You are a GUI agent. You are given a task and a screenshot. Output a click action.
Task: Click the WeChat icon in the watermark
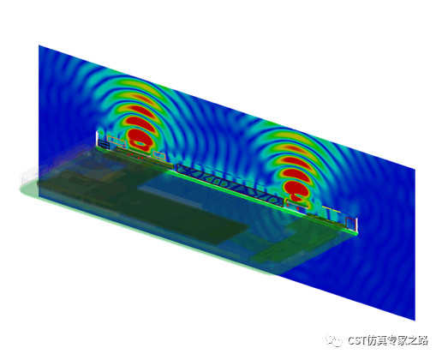pyautogui.click(x=336, y=339)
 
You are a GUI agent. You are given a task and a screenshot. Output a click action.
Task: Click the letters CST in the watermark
pyautogui.click(x=359, y=339)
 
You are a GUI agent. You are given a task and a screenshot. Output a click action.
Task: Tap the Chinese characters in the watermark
pyautogui.click(x=400, y=339)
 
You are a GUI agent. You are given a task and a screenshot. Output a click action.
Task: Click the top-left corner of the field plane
pyautogui.click(x=40, y=46)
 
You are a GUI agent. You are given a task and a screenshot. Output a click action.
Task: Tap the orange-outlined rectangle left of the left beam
pyautogui.click(x=116, y=146)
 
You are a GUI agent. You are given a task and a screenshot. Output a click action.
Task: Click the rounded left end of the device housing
pyautogui.click(x=24, y=187)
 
